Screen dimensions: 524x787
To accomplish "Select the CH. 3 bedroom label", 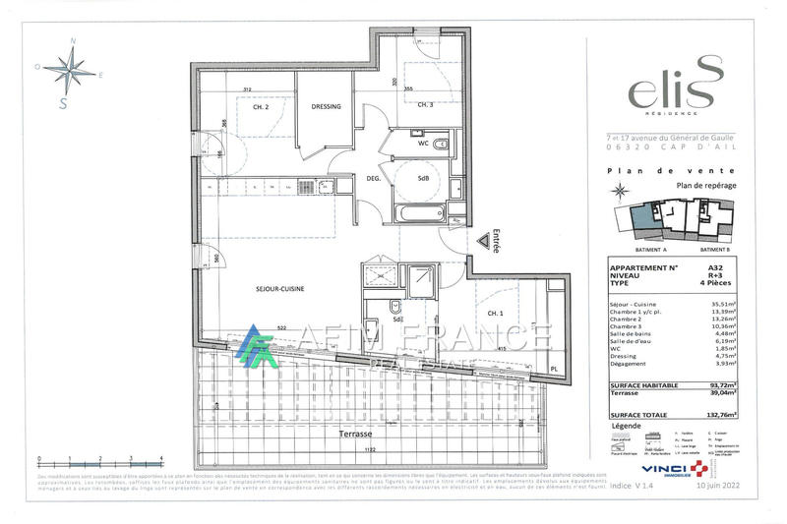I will (425, 105).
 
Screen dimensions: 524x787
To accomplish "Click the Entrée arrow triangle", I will (483, 239).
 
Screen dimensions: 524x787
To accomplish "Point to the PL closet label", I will (553, 371).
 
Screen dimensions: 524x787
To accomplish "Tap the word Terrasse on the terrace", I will (352, 433).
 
